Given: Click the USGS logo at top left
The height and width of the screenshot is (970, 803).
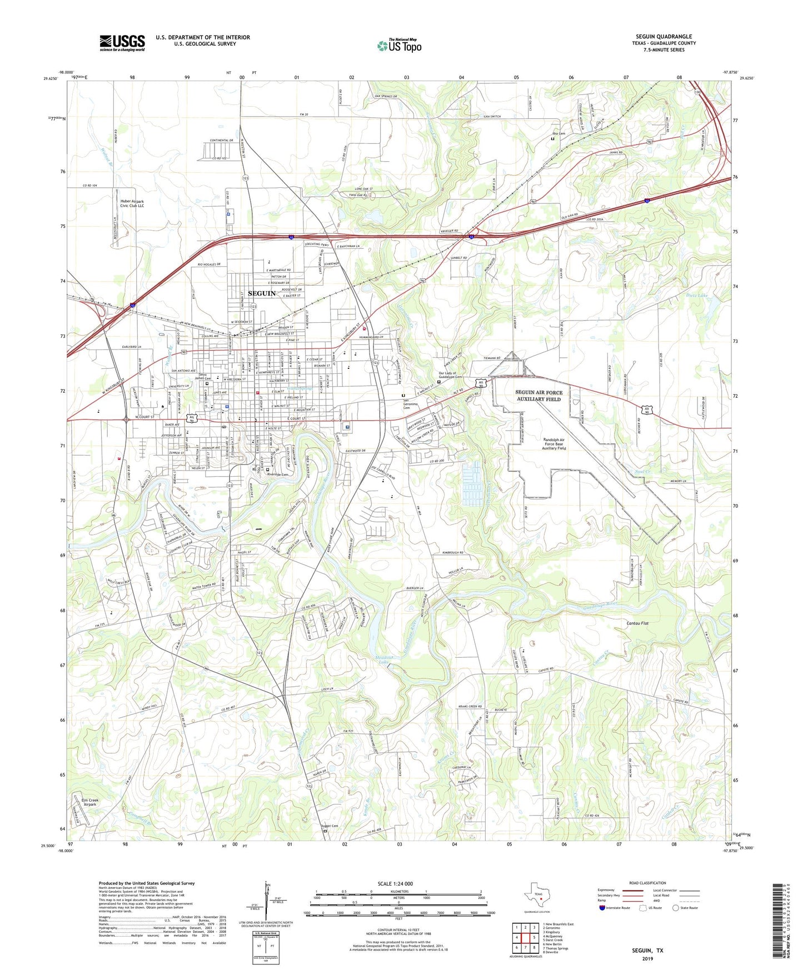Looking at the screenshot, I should [x=122, y=43].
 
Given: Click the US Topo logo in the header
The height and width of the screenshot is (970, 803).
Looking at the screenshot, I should [x=399, y=46].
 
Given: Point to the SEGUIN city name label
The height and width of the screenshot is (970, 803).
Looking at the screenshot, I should [x=261, y=293].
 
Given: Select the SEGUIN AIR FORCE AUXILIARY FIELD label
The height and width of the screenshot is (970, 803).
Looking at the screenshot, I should [x=538, y=396].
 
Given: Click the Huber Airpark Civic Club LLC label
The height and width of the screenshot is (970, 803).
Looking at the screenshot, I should [x=132, y=203].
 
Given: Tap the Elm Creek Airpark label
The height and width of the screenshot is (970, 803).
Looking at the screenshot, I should [x=89, y=802].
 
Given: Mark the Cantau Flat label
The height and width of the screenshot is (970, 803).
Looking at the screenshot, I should [x=637, y=623].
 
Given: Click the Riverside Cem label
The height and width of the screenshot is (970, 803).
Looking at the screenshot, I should [x=278, y=474].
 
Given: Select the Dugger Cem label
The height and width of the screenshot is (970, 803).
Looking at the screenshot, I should [x=330, y=826].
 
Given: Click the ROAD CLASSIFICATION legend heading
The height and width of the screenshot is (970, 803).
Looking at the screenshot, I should [x=647, y=883].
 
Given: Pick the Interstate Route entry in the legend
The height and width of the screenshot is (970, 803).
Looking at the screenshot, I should [x=616, y=908].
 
